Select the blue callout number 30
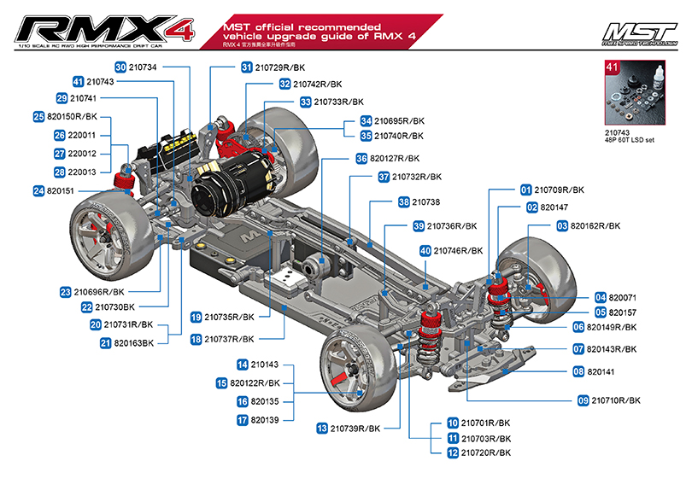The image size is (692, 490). click(x=120, y=67)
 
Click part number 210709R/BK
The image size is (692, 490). click(x=560, y=190)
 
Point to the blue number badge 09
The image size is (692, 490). click(x=584, y=400)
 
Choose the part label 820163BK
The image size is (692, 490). click(x=136, y=343)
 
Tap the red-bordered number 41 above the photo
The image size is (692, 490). click(x=611, y=65)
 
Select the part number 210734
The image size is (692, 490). click(x=144, y=67)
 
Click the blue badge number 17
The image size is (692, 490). click(x=243, y=420)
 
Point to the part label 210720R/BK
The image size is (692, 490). click(x=485, y=453)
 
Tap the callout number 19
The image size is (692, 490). click(x=196, y=317)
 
